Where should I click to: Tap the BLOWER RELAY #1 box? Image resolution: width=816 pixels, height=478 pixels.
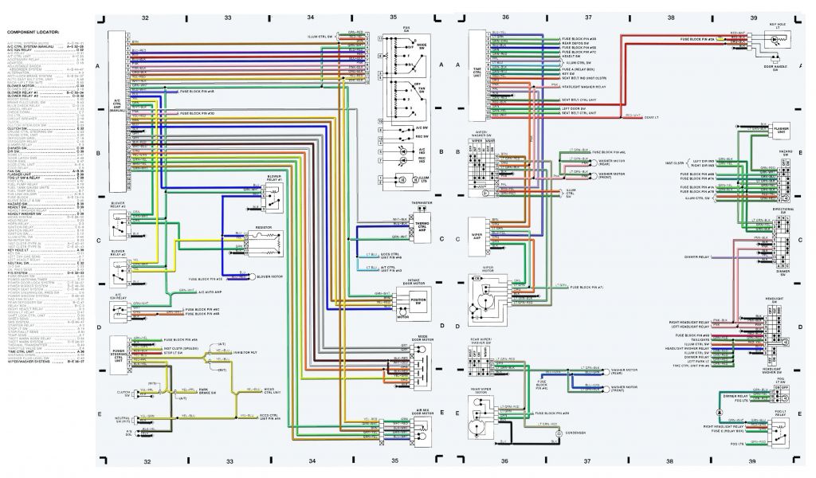coord(276,196)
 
